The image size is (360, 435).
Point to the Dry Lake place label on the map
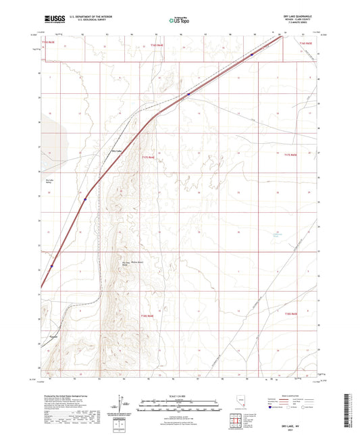116,151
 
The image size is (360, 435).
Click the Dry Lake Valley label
49,182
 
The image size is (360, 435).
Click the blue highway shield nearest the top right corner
251,55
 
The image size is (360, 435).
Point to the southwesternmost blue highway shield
51,265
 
